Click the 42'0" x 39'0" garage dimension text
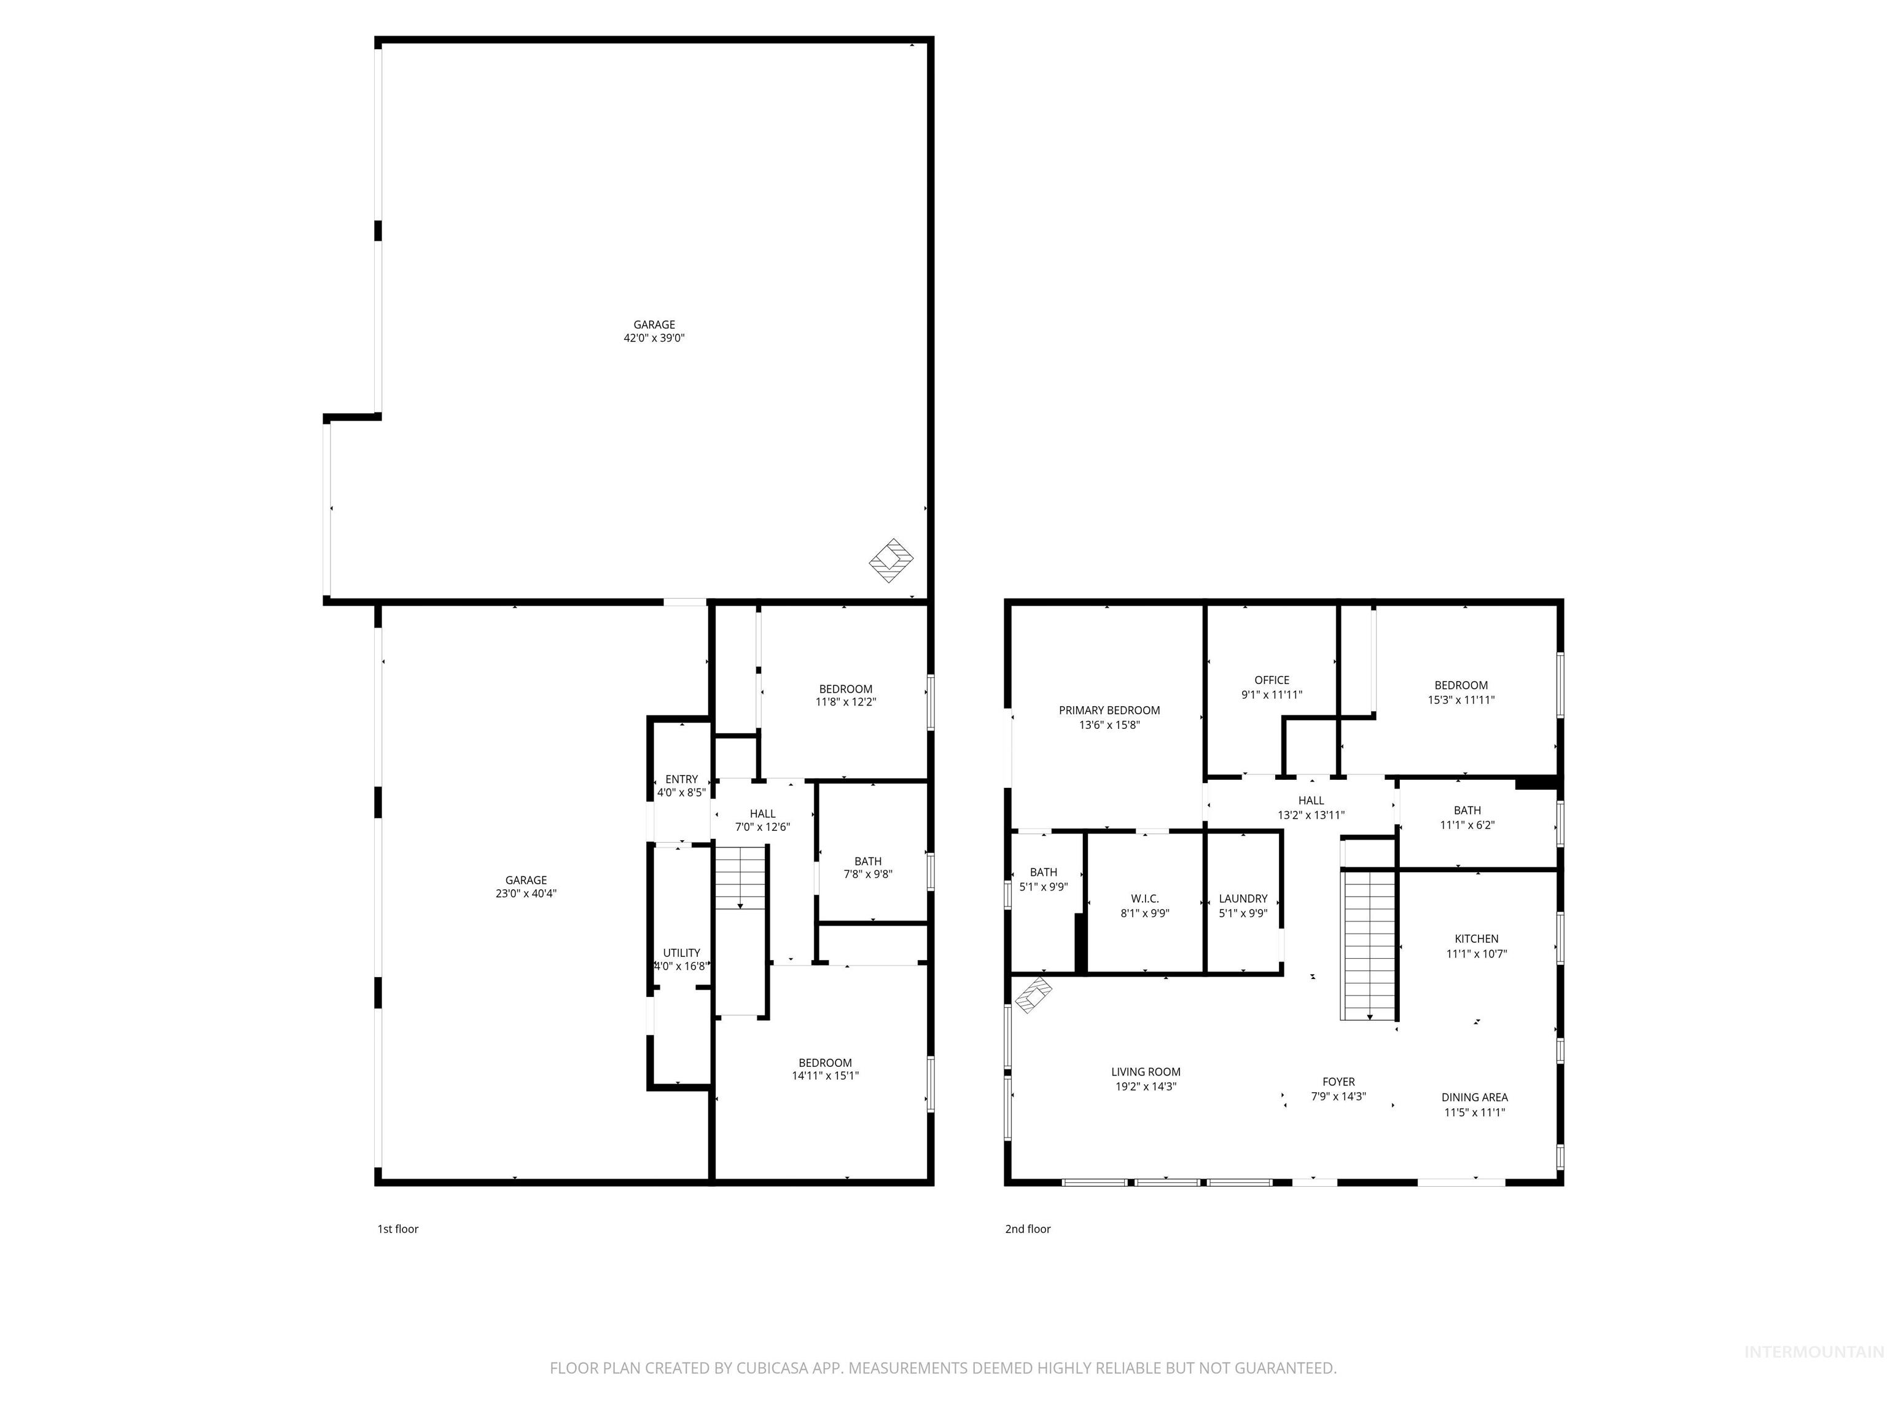654,338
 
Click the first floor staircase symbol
740,879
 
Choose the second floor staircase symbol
1369,945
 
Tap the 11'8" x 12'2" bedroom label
845,696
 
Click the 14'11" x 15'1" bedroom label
825,1069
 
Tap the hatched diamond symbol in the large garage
891,560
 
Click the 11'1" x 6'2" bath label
1467,817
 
